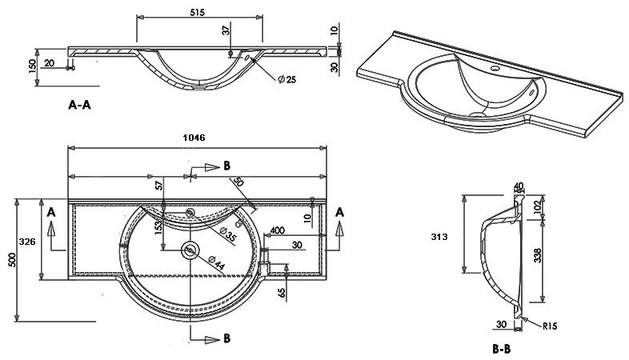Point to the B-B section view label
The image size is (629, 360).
point(502,350)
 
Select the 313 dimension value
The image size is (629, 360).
point(438,237)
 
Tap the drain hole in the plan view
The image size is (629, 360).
point(190,250)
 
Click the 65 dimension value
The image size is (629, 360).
point(282,293)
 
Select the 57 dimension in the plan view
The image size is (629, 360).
point(160,186)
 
